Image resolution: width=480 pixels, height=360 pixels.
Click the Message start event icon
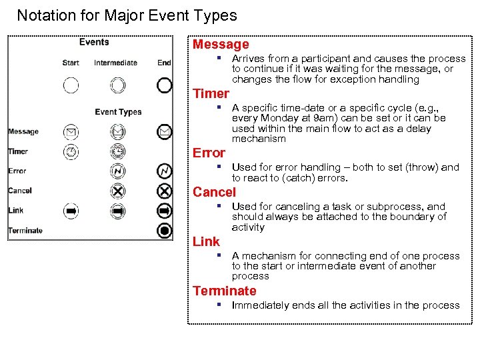71,132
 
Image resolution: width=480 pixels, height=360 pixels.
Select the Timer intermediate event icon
117,152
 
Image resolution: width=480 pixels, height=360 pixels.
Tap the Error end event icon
165,171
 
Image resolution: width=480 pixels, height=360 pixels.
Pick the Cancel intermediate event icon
117,191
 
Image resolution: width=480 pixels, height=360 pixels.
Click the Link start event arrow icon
71,211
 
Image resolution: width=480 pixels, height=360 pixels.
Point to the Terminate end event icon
165,231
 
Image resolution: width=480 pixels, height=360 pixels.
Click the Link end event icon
165,211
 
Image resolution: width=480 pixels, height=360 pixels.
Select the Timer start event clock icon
71,152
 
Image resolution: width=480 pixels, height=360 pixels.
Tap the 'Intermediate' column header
115,63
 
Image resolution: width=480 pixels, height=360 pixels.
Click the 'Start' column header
71,63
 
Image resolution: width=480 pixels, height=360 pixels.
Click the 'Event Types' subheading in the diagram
118,112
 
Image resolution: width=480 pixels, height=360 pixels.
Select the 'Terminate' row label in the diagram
25,231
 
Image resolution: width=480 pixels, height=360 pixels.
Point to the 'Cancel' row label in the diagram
20,191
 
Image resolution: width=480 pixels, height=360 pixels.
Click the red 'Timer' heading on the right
211,93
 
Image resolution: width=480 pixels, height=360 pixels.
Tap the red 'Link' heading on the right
206,241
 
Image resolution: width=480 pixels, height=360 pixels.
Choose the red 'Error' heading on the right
209,153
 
